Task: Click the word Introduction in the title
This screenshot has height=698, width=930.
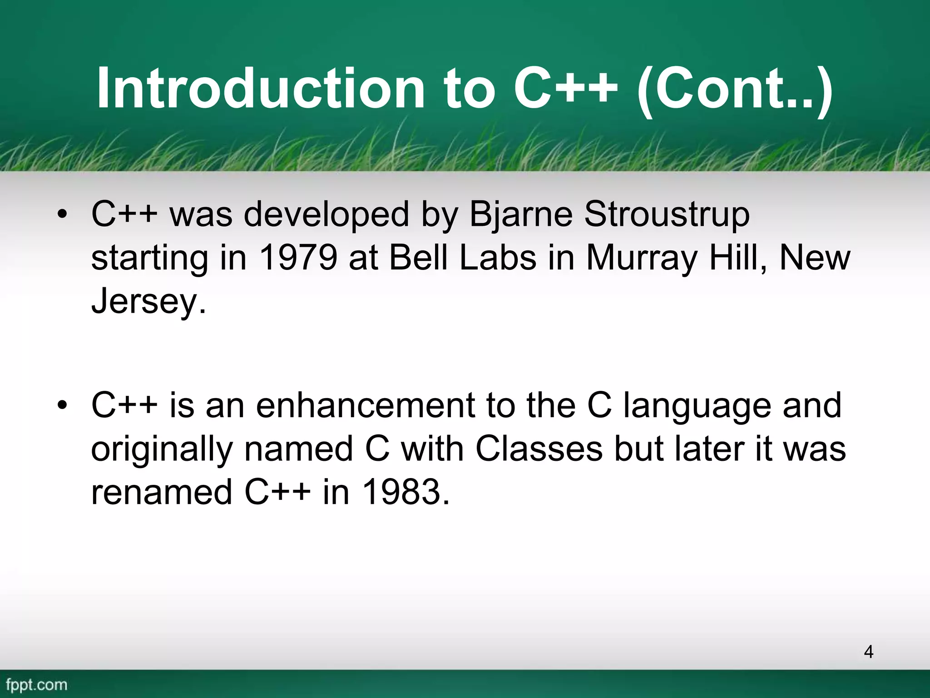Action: [260, 88]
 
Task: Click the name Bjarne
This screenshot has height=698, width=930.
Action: [520, 214]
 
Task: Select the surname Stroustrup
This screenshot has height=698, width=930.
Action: [667, 214]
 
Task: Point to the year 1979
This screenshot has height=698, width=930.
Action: [298, 258]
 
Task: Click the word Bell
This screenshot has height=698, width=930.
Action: [418, 258]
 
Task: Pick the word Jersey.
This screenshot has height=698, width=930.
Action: [148, 301]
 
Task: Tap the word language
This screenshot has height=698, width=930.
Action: [697, 405]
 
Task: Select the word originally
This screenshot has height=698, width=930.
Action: [162, 449]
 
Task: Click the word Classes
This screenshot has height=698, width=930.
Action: [539, 449]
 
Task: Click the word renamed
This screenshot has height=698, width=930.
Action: [162, 492]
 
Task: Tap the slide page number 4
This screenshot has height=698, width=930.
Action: [868, 652]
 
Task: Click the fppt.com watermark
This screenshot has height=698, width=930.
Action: [37, 684]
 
